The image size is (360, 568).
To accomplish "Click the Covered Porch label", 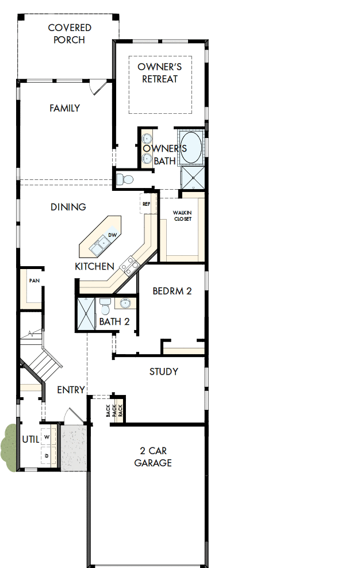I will pyautogui.click(x=69, y=34).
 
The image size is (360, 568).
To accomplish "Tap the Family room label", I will pyautogui.click(x=64, y=108).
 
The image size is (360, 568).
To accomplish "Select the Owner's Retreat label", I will pyautogui.click(x=160, y=73).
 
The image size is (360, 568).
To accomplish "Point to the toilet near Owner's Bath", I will pyautogui.click(x=124, y=179).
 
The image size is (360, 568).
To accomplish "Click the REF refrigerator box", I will pyautogui.click(x=146, y=204).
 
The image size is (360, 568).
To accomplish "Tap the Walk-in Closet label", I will pyautogui.click(x=182, y=216).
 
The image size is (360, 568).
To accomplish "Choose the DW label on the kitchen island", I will pyautogui.click(x=113, y=235).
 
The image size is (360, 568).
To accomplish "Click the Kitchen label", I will pyautogui.click(x=94, y=267).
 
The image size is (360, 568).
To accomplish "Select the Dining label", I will pyautogui.click(x=68, y=207).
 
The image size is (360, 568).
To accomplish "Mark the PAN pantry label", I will pyautogui.click(x=34, y=281).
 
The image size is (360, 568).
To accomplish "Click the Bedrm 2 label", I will pyautogui.click(x=172, y=291).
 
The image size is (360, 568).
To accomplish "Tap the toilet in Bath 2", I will pyautogui.click(x=105, y=303).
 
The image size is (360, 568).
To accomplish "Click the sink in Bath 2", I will pyautogui.click(x=125, y=302).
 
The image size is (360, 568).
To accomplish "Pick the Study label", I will pyautogui.click(x=163, y=371).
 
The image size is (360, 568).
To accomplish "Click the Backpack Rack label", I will pyautogui.click(x=114, y=411).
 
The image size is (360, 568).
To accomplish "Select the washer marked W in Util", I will pyautogui.click(x=47, y=437).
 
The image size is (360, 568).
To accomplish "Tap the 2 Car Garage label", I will pyautogui.click(x=153, y=456).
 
